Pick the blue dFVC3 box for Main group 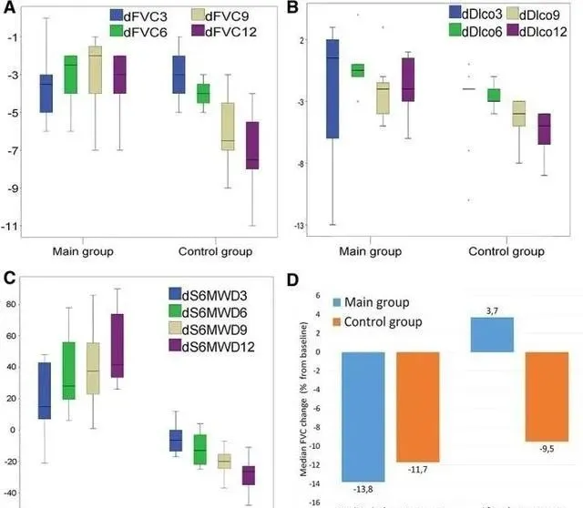click(46, 93)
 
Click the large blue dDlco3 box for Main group click(333, 88)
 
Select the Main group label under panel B click(370, 250)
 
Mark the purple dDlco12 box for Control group click(544, 128)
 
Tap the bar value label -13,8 click(369, 488)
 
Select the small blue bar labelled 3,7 click(492, 334)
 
